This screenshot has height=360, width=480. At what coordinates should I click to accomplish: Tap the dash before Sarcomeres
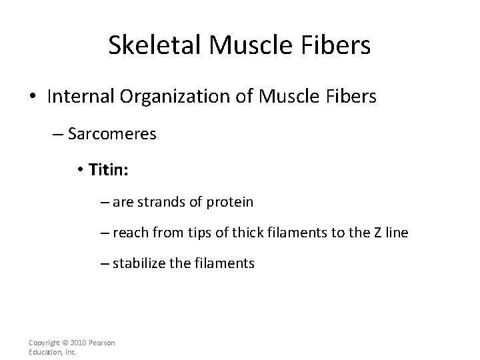pos(57,135)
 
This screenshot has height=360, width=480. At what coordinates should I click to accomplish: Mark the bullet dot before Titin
pos(81,171)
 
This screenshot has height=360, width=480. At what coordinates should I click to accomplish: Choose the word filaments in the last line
pos(221,263)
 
